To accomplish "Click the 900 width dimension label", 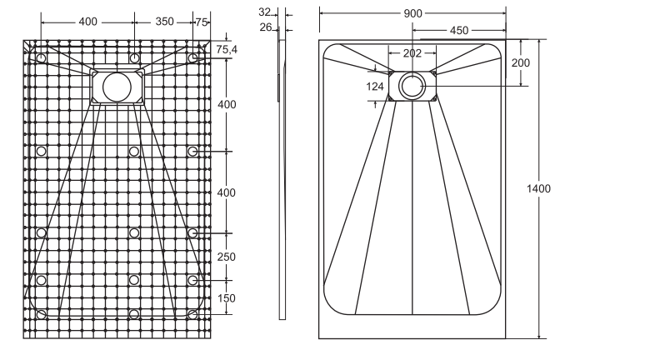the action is click(x=412, y=13).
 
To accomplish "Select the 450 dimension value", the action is click(x=459, y=31).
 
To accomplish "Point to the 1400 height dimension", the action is click(x=538, y=188).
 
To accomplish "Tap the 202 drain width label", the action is click(x=412, y=53).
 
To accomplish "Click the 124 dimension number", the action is click(x=375, y=87).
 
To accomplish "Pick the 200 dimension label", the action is click(x=520, y=62).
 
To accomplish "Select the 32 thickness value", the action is click(x=264, y=12).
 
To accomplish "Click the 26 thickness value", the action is click(x=265, y=27).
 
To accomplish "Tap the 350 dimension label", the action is click(x=164, y=22).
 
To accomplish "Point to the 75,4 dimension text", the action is click(x=227, y=50).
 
